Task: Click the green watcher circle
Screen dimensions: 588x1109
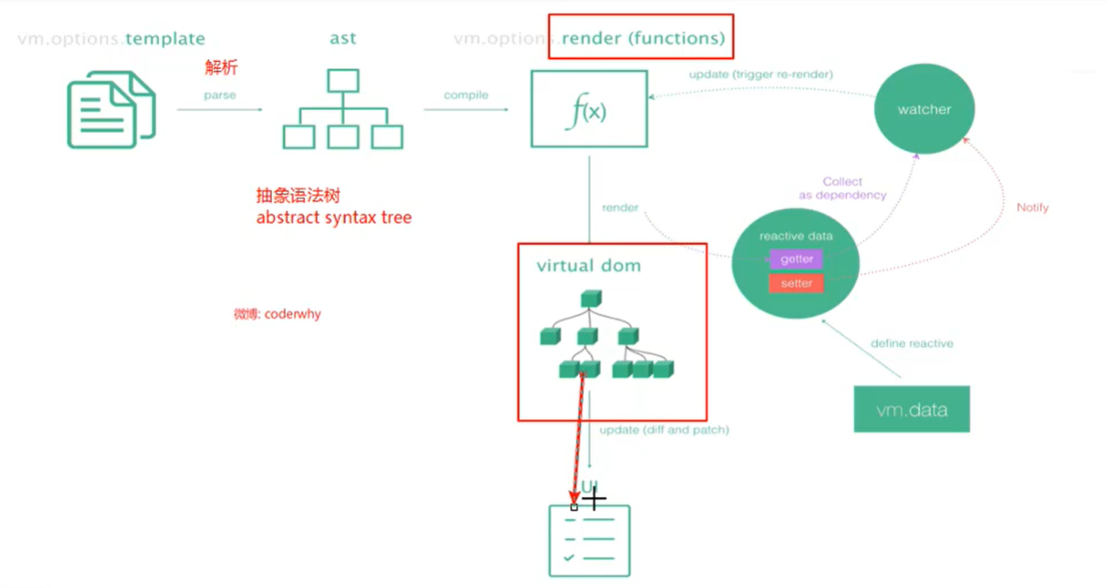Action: click(924, 109)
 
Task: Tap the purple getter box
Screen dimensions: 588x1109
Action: click(796, 259)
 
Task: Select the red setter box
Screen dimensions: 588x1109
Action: click(796, 283)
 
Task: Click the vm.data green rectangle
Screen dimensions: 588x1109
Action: click(911, 409)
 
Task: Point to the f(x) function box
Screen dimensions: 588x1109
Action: click(589, 109)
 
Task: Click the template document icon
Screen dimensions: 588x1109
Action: click(111, 109)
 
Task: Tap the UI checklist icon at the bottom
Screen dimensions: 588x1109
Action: click(589, 541)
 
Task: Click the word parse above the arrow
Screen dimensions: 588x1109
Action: click(220, 94)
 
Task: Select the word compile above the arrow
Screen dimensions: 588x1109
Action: click(466, 94)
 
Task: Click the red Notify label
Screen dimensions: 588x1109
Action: click(1032, 208)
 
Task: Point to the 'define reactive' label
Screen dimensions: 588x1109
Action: click(911, 343)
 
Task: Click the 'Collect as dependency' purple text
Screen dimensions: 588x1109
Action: click(842, 189)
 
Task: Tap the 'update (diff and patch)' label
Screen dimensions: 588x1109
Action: click(664, 430)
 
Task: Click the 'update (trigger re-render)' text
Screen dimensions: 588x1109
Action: click(760, 74)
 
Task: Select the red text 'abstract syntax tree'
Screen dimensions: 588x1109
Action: click(334, 218)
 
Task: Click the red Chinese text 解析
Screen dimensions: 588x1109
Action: click(221, 67)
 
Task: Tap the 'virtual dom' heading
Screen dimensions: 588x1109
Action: click(588, 266)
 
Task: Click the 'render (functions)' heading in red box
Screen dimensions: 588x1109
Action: click(642, 38)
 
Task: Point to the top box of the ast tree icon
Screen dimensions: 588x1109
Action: click(343, 80)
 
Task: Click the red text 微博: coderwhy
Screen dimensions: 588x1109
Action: click(277, 314)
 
